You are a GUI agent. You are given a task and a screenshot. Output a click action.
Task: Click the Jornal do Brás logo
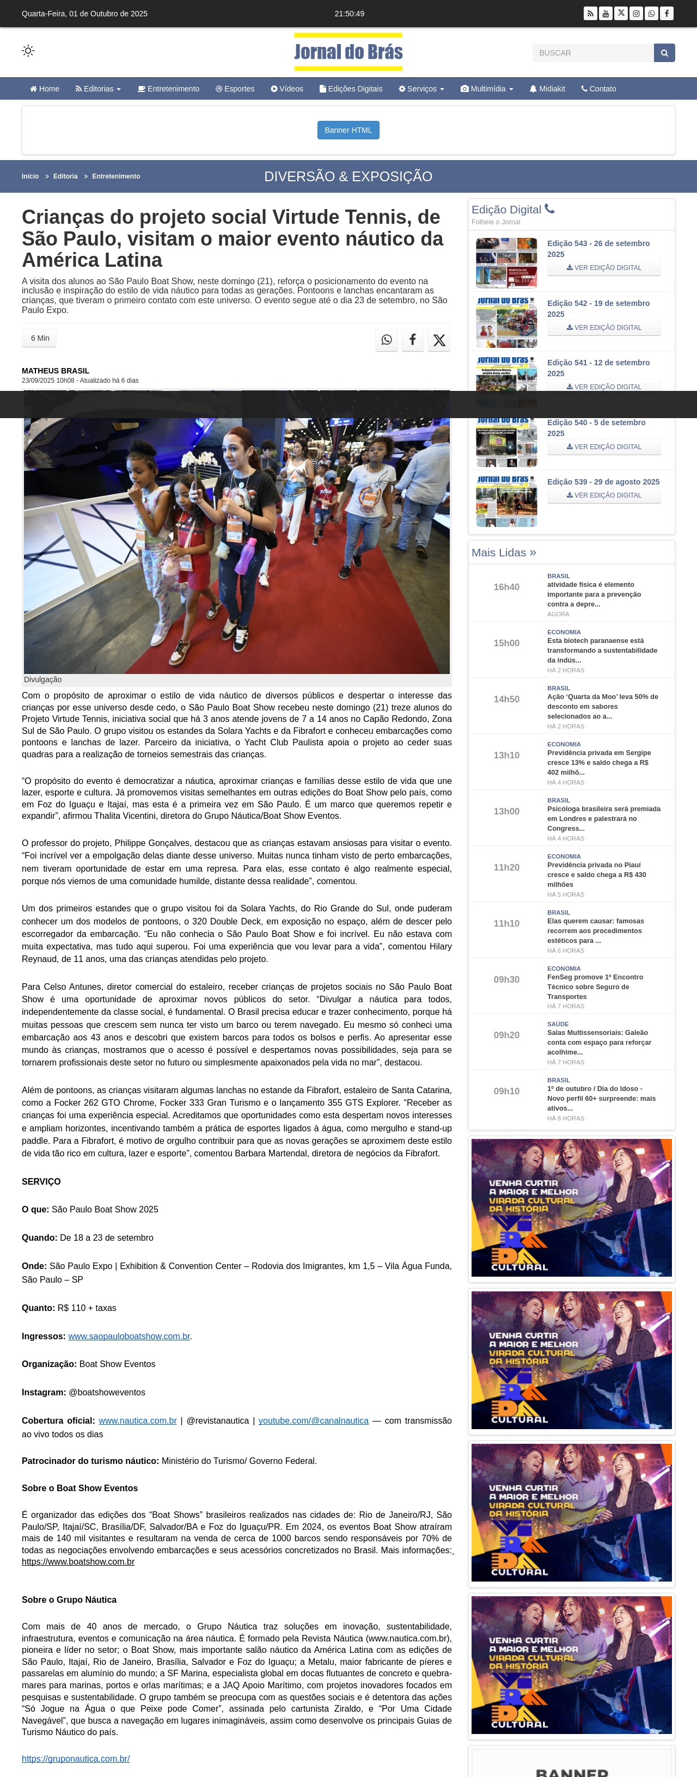click(348, 52)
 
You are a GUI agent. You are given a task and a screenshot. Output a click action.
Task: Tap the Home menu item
click(45, 89)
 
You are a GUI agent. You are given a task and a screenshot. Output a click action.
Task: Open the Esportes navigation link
click(235, 89)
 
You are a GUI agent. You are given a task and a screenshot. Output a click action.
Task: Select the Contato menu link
click(598, 89)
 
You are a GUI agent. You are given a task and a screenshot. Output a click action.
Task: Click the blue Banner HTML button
click(348, 130)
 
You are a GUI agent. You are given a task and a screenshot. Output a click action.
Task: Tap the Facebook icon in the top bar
click(667, 14)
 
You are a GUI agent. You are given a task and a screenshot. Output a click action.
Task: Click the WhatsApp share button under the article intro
click(387, 339)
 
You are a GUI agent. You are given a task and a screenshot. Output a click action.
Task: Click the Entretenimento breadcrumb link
click(116, 176)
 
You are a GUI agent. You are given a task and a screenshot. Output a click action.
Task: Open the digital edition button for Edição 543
click(603, 268)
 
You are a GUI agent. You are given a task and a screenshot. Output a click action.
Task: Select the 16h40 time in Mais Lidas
click(506, 587)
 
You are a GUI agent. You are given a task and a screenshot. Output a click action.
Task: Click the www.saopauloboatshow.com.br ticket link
click(129, 1336)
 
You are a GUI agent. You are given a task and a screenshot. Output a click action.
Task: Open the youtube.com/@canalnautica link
click(313, 1420)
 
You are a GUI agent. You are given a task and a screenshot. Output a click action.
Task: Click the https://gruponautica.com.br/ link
click(76, 1758)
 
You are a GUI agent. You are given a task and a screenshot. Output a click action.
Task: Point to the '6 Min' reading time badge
click(39, 338)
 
